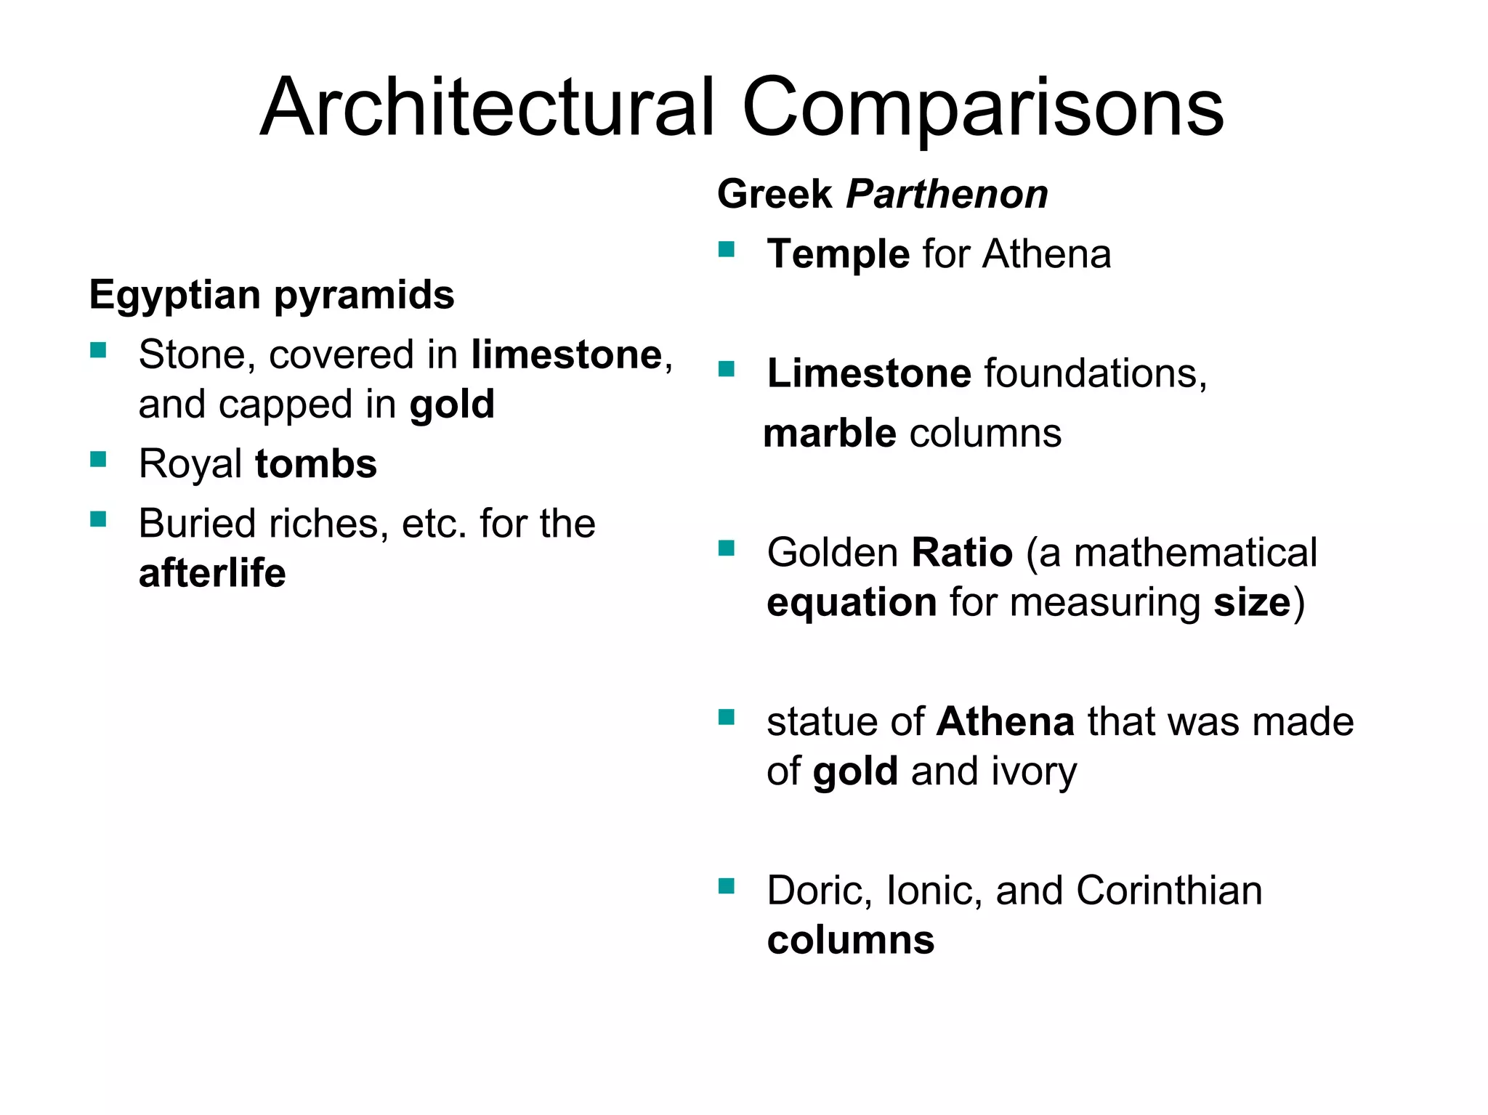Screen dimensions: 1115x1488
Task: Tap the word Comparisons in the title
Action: (982, 109)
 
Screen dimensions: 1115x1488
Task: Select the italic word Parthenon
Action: (947, 195)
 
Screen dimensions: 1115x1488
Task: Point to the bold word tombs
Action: (316, 464)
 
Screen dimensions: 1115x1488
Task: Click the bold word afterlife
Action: (212, 573)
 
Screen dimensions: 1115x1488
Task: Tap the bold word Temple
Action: (838, 254)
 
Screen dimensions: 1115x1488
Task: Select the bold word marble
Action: (830, 434)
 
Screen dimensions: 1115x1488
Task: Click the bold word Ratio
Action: (962, 553)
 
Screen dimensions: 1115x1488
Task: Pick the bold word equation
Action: (852, 603)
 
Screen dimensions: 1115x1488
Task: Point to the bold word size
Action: (1252, 603)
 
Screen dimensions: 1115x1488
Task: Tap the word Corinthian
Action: (1169, 891)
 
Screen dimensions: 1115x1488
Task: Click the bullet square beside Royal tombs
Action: (98, 459)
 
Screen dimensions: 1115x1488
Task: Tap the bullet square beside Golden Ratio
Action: (727, 548)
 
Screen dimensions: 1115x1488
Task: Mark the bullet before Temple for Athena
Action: (727, 250)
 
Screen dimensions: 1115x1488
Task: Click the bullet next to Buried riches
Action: (98, 519)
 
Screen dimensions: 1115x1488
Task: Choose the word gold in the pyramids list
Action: (452, 405)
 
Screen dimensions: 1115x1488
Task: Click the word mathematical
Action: (1195, 553)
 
